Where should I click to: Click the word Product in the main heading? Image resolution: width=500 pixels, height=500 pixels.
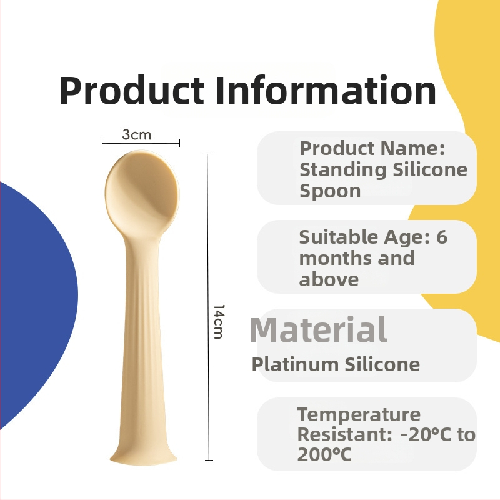(x=131, y=90)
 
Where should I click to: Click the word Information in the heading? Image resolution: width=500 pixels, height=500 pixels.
(x=326, y=90)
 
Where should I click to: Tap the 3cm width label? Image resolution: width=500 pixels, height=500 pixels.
(x=137, y=135)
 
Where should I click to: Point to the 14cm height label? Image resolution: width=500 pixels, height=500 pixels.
(x=219, y=321)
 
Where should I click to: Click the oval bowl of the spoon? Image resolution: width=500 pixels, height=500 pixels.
(x=142, y=192)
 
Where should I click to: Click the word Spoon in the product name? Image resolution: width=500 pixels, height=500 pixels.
(x=330, y=192)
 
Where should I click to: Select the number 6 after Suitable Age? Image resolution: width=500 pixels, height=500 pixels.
(x=442, y=237)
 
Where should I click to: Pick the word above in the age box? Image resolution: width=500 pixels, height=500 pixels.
(x=329, y=279)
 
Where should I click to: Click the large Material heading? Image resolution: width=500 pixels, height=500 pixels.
(x=318, y=330)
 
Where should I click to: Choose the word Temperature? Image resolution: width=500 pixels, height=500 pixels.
(x=359, y=414)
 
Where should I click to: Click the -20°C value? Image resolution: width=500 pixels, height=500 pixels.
(x=426, y=434)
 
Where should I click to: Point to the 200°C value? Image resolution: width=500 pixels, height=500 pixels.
(x=324, y=455)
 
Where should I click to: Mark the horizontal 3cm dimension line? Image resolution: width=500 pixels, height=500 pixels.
(x=141, y=143)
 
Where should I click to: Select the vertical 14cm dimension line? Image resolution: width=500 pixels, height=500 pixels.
(x=208, y=307)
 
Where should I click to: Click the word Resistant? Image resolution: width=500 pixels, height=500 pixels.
(x=345, y=434)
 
